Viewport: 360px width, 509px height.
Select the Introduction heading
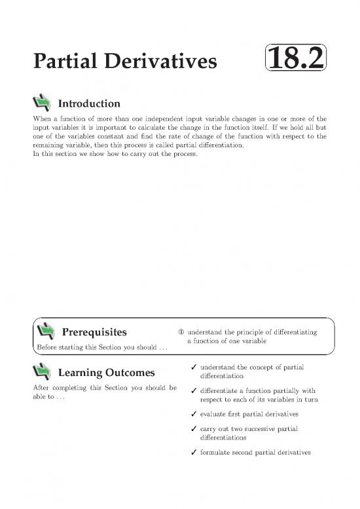click(x=89, y=104)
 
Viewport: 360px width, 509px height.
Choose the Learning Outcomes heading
click(x=107, y=373)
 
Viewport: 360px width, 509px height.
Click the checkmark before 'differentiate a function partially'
click(x=188, y=392)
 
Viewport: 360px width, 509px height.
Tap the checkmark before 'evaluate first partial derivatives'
click(x=188, y=414)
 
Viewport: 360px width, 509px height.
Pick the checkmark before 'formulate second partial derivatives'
click(x=188, y=452)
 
